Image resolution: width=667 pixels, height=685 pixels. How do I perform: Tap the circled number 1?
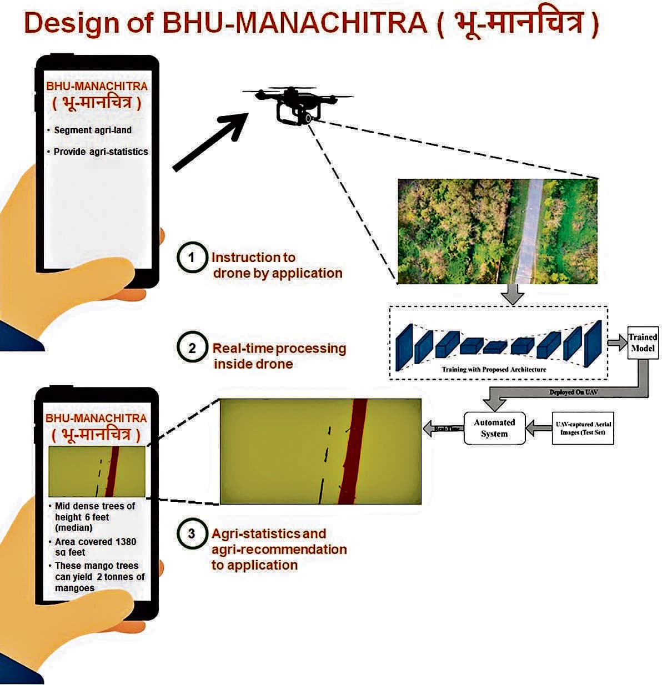[x=192, y=258]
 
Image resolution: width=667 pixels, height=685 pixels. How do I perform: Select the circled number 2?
[x=192, y=348]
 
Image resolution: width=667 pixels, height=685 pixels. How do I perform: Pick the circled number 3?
[x=192, y=533]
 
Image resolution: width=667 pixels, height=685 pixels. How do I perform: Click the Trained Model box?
[x=642, y=342]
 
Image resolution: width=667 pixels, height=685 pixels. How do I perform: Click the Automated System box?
[x=494, y=428]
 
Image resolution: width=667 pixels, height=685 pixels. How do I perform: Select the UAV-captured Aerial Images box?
[x=583, y=428]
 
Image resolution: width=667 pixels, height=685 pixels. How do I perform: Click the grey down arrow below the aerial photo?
[x=513, y=294]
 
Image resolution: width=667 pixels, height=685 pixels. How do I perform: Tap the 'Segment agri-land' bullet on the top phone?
[x=93, y=130]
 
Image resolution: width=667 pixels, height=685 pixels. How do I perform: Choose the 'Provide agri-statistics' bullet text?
[x=101, y=152]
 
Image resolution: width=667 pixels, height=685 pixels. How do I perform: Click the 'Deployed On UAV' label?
[x=573, y=392]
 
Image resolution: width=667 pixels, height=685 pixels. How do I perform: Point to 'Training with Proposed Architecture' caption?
[x=494, y=369]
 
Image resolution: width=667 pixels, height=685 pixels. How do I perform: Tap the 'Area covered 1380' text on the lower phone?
[x=96, y=542]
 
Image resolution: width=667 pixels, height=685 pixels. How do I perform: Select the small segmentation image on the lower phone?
[x=97, y=471]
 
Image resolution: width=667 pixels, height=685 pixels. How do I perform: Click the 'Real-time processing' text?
[x=279, y=349]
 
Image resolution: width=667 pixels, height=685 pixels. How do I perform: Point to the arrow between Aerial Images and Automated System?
[x=538, y=428]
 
